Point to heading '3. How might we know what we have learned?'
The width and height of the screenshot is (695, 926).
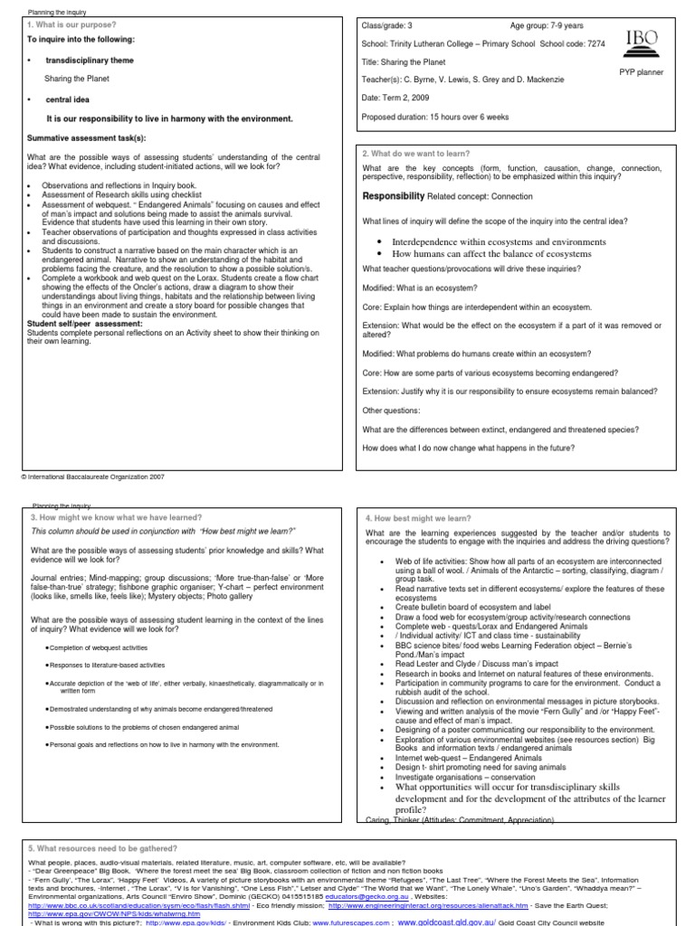(x=117, y=517)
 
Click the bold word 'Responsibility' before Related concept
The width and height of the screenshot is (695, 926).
(x=394, y=195)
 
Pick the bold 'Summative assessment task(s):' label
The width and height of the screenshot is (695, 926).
(x=86, y=137)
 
